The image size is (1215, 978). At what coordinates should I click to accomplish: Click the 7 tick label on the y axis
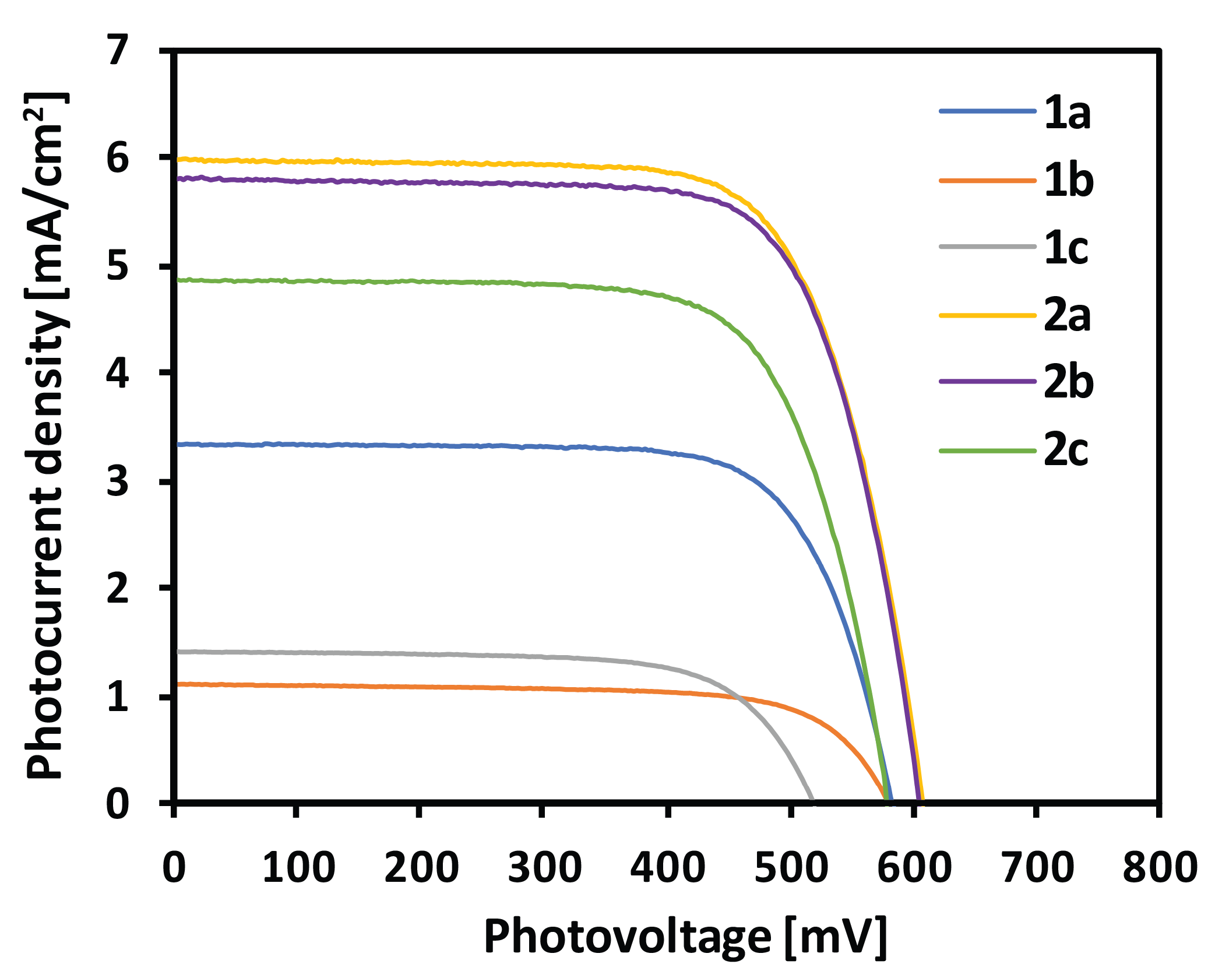[x=118, y=50]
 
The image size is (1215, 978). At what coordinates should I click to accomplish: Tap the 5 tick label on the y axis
[x=118, y=266]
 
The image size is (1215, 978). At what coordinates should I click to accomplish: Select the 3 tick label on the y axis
[x=118, y=481]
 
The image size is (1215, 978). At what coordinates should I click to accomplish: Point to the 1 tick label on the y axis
[x=118, y=696]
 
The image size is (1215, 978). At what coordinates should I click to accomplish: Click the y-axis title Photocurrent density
[x=45, y=437]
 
